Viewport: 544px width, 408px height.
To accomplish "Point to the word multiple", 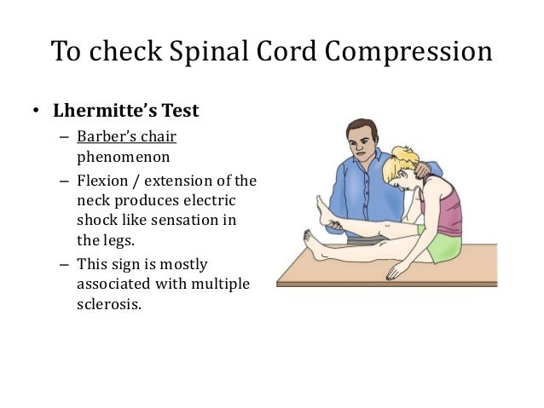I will pos(221,284).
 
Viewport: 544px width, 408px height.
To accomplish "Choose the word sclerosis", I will pos(106,303).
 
